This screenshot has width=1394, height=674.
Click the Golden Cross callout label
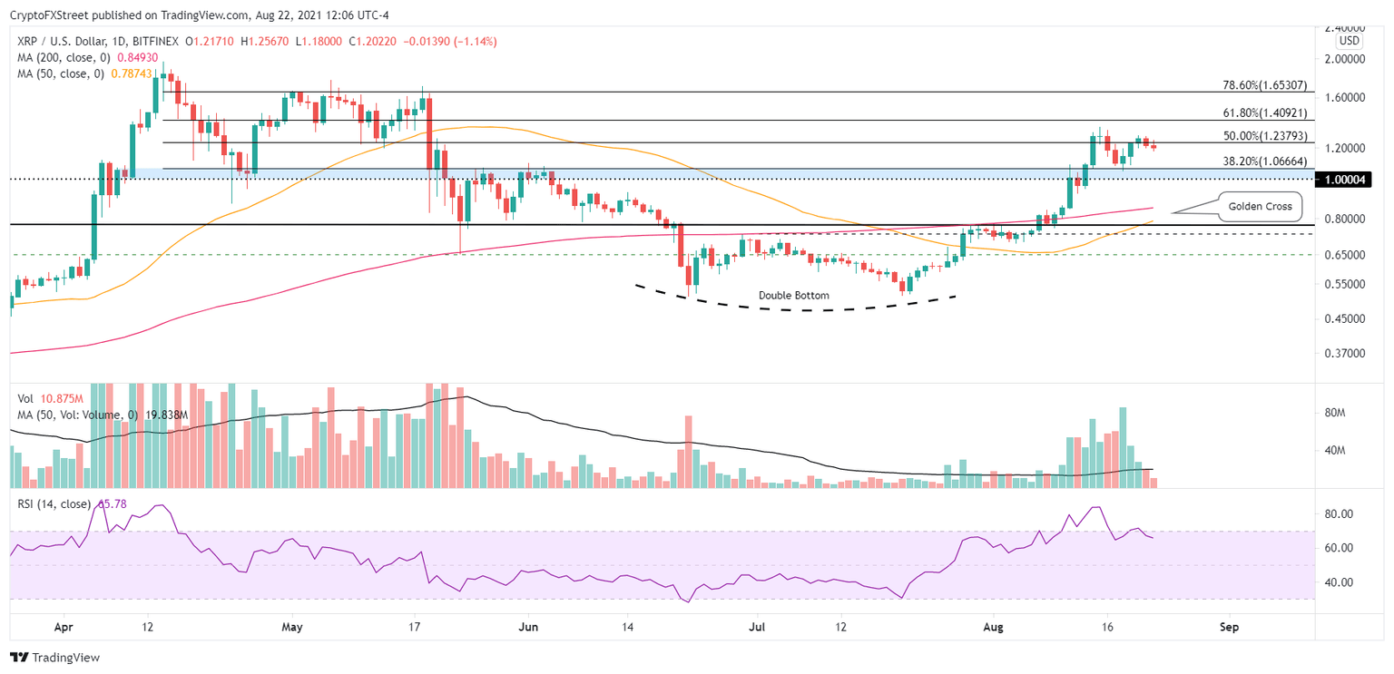[x=1259, y=206]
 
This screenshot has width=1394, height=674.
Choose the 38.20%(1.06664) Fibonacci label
[x=1262, y=161]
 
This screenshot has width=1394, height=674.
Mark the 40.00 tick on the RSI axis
[x=1339, y=582]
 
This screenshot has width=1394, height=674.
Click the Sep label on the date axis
[x=1229, y=626]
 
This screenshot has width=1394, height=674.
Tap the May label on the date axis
[x=292, y=626]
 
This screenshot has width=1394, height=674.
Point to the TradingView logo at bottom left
[x=55, y=658]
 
